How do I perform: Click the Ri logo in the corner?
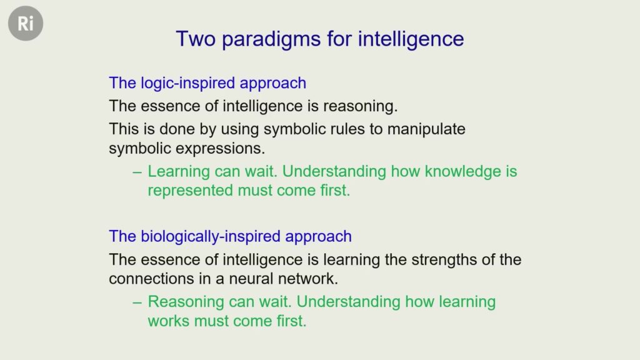pos(26,23)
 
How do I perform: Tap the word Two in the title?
pos(196,39)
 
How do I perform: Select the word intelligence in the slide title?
pos(411,40)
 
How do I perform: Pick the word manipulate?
pos(426,129)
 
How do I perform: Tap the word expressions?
pos(221,149)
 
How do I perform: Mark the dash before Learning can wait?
pos(137,172)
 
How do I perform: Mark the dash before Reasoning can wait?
pos(137,303)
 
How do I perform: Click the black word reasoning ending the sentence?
pos(361,107)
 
